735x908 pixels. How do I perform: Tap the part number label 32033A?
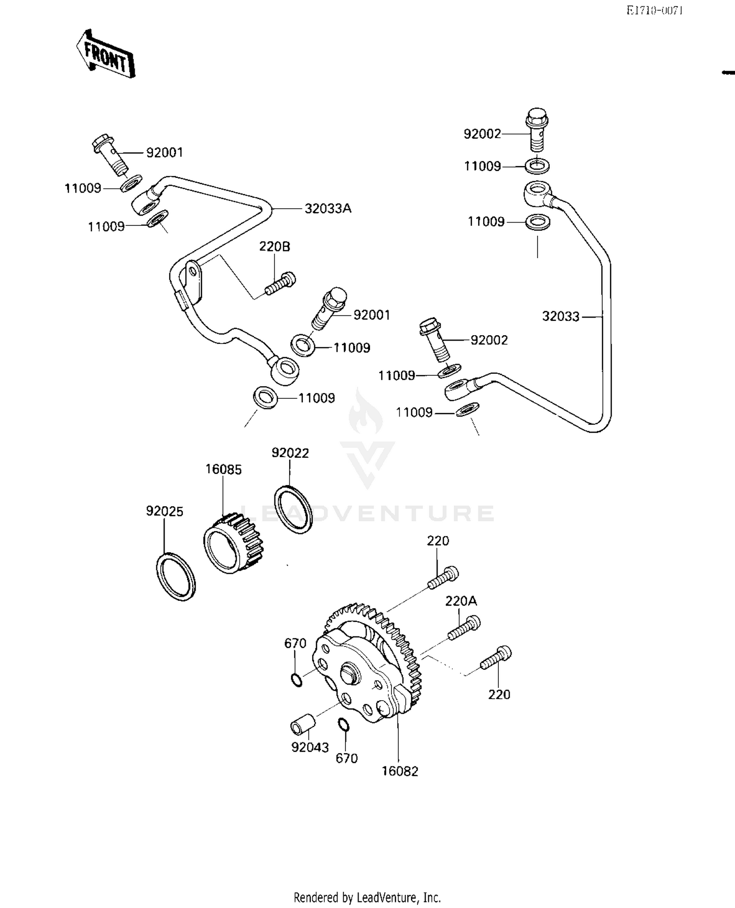point(328,209)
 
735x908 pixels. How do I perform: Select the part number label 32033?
point(561,317)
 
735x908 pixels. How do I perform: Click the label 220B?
point(274,246)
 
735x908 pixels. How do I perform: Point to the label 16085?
point(223,469)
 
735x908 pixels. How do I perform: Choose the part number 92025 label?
point(165,512)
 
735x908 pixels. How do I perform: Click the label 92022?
point(290,453)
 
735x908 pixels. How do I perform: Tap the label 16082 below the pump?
point(400,771)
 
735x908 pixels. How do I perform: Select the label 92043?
point(310,747)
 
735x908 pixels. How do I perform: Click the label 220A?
point(461,601)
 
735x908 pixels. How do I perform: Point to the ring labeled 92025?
point(176,576)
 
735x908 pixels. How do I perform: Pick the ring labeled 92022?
point(293,509)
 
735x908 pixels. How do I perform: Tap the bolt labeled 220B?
point(281,285)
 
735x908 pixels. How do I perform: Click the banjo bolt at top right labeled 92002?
point(537,128)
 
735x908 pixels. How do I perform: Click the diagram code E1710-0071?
point(654,11)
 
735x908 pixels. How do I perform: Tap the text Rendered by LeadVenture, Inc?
point(367,897)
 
